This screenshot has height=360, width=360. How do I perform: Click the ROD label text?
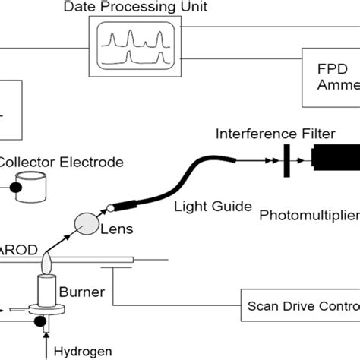click(15, 249)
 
